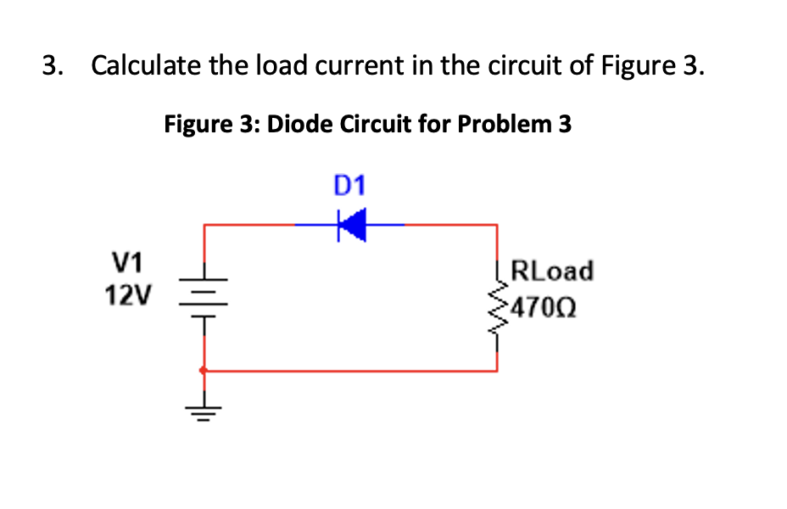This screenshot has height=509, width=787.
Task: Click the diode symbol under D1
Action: click(x=350, y=226)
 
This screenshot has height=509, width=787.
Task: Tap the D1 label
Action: click(x=349, y=185)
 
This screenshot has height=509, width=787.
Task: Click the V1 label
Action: click(x=126, y=260)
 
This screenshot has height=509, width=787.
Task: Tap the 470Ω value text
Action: click(x=545, y=305)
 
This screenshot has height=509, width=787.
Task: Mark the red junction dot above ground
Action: click(x=203, y=371)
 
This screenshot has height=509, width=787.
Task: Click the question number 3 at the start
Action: click(x=52, y=65)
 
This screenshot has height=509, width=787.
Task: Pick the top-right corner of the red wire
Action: click(x=496, y=226)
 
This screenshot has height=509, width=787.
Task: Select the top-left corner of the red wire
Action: click(x=204, y=226)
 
